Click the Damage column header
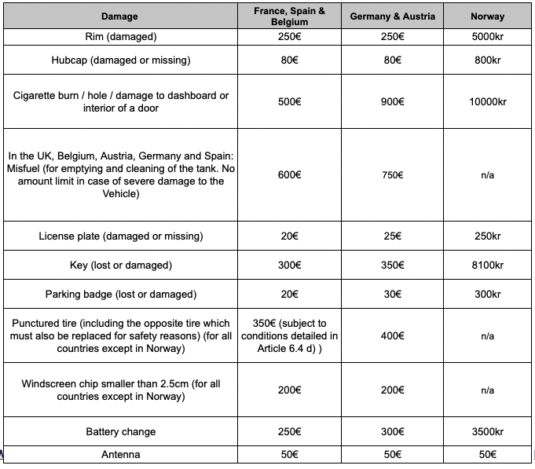point(119,16)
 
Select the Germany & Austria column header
point(392,16)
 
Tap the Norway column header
point(487,16)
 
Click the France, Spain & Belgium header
point(289,16)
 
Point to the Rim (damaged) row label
point(119,36)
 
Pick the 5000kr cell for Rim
point(487,36)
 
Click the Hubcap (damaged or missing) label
point(119,60)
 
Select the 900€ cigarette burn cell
point(392,102)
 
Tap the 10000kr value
point(487,102)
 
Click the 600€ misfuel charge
point(289,175)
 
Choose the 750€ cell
point(392,175)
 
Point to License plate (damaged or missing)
point(119,236)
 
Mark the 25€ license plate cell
point(392,236)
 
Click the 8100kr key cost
point(487,266)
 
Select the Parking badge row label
point(119,295)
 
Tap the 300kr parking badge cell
point(487,295)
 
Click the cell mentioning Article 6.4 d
point(289,335)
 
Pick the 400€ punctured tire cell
point(392,335)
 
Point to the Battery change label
point(119,432)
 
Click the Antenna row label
point(119,455)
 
